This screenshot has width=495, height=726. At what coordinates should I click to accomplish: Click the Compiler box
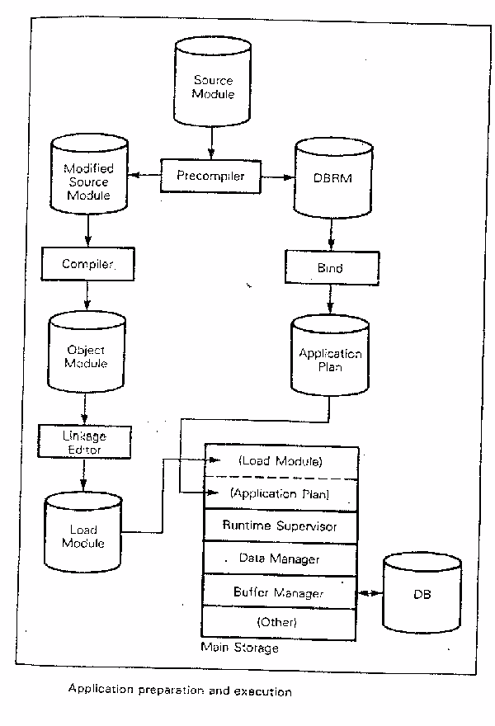pos(87,264)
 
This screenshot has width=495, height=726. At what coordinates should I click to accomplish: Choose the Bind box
pos(332,269)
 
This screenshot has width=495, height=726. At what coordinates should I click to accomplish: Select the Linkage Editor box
pos(83,441)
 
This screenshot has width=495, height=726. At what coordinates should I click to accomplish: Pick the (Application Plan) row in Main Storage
pos(280,494)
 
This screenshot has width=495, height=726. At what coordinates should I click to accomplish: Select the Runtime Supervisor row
pos(280,525)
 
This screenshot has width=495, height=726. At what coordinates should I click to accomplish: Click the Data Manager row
pos(280,559)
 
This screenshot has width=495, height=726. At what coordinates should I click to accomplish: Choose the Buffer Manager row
pos(280,592)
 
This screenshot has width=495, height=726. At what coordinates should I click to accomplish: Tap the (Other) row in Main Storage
pos(280,621)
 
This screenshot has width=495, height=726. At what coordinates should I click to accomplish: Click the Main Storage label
pos(239,648)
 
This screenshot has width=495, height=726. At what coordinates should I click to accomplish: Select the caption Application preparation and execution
pos(180,691)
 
